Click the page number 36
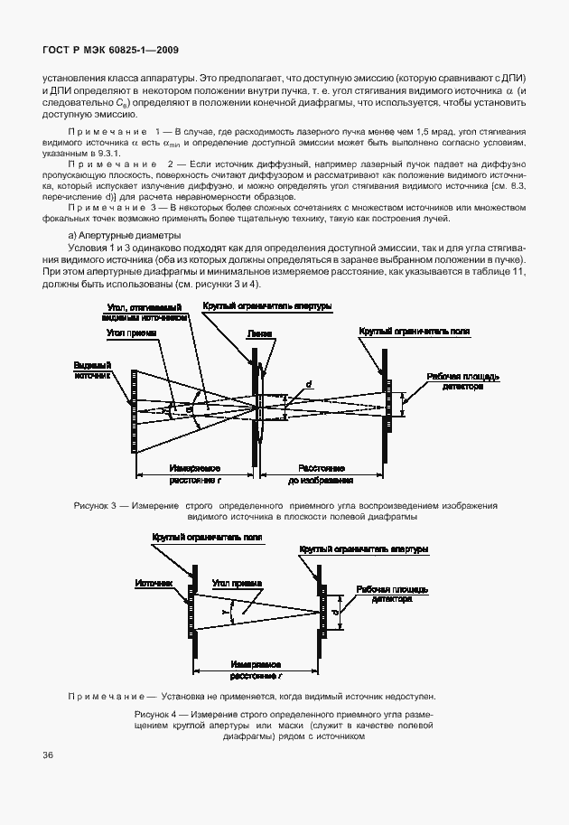[x=47, y=755]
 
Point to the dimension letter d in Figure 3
[x=309, y=385]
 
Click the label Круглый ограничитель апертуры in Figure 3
[x=267, y=307]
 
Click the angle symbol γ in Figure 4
[x=223, y=612]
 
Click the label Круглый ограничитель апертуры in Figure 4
[x=364, y=548]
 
